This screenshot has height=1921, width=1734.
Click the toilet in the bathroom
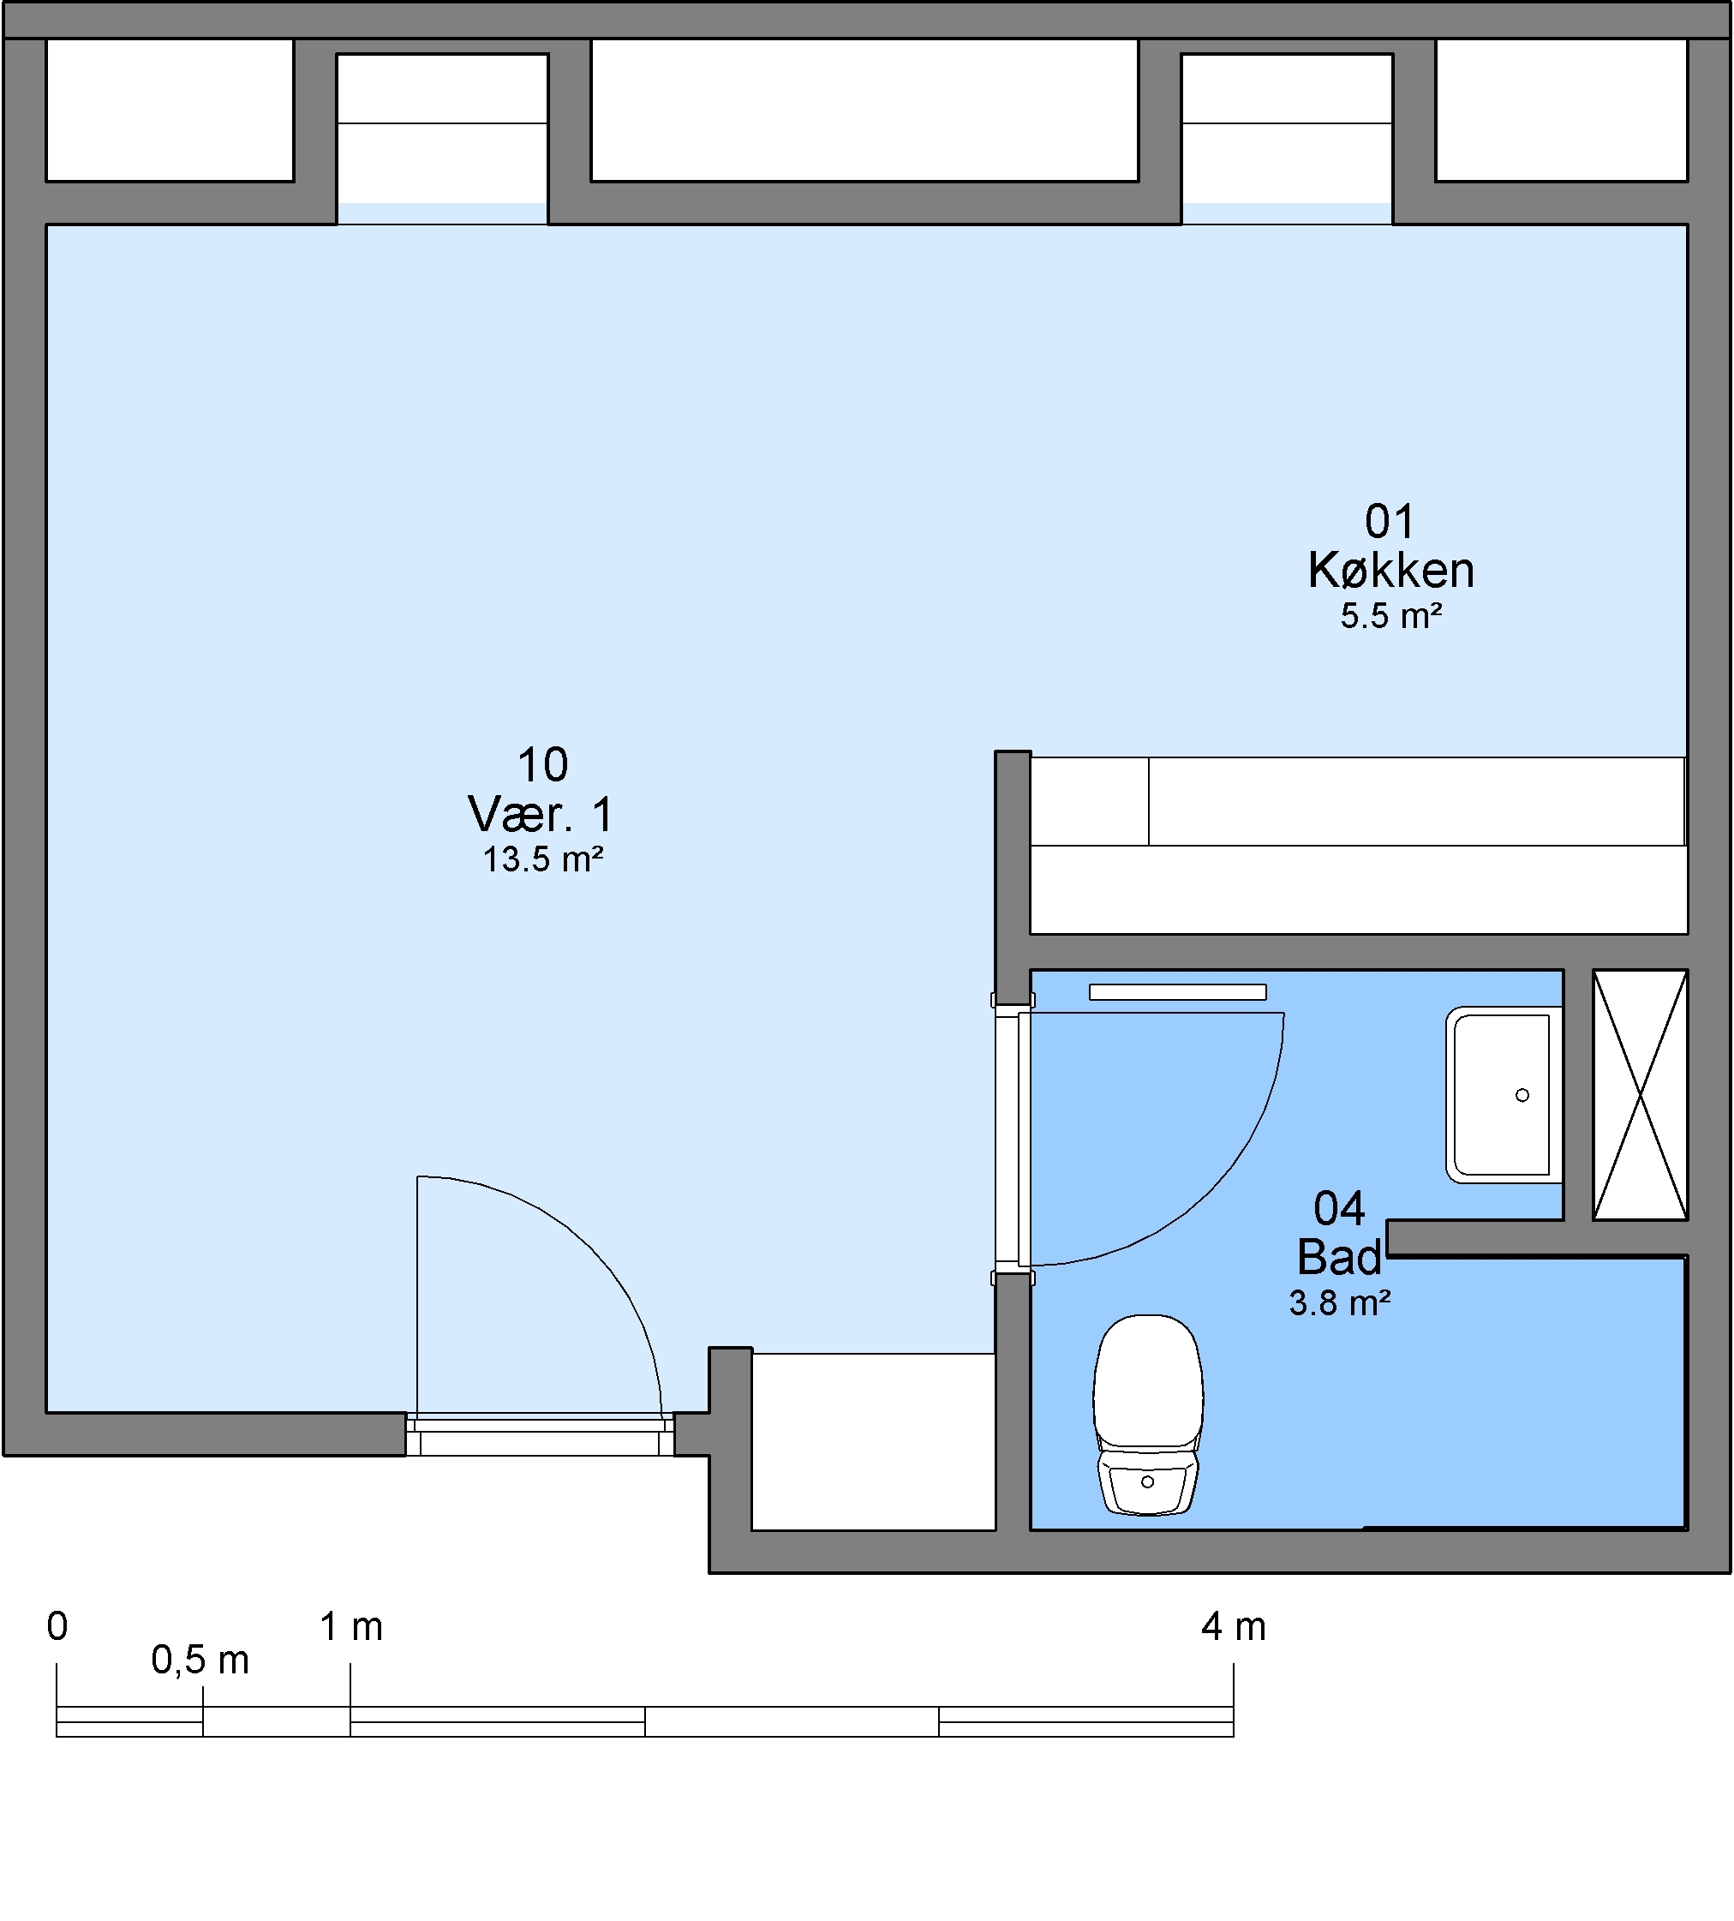coord(1148,1414)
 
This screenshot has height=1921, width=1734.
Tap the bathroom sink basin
coord(1504,1095)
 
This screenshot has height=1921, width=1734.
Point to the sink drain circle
coord(1522,1095)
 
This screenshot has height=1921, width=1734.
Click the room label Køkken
coord(1391,571)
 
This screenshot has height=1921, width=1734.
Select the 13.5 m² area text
coord(543,859)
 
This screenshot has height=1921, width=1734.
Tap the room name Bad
coord(1340,1258)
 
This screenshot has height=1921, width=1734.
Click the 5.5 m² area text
coord(1391,617)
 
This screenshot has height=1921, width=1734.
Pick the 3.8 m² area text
coord(1340,1302)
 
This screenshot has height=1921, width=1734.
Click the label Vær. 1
coord(541,815)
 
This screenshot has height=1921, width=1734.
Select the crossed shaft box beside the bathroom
coord(1640,1095)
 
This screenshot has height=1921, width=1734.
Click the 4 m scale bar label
coord(1234,1626)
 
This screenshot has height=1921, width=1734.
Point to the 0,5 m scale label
coord(200,1661)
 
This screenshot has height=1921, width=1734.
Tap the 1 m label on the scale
coord(351,1626)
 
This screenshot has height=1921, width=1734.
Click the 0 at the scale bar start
coord(57,1626)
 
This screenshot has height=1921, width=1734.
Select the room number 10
coord(543,765)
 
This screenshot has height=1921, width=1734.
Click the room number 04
coord(1340,1209)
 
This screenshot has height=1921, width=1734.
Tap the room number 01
coord(1390,522)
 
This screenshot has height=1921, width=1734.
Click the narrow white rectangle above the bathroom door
coord(1178,992)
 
